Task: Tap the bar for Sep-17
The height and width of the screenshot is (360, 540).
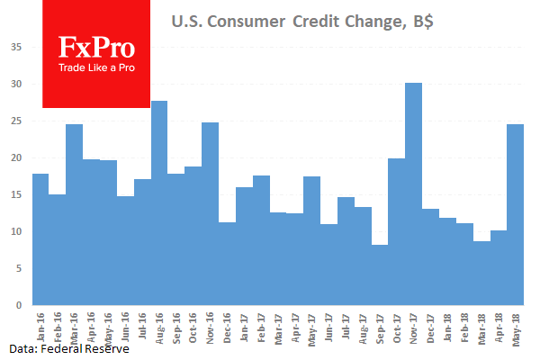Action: tap(380, 274)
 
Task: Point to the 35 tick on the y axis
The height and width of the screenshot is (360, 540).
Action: tap(16, 47)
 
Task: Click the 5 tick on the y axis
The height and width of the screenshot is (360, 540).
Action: tap(18, 268)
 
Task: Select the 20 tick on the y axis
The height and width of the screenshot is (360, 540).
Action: tap(16, 157)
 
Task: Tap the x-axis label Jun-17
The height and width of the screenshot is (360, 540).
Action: tap(328, 325)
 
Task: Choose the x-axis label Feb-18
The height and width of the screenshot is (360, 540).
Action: tap(463, 325)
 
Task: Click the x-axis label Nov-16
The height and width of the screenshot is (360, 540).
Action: tap(210, 325)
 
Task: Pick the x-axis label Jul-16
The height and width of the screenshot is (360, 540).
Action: tap(142, 325)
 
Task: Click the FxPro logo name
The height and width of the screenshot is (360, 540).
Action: tap(96, 48)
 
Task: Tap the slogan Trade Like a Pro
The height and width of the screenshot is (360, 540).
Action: tap(96, 67)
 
